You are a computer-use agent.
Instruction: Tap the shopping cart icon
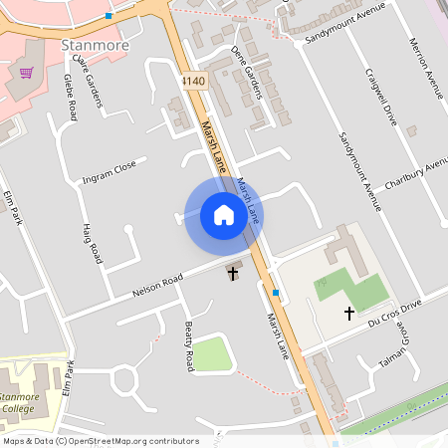tap(26, 72)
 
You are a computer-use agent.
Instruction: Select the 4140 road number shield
tap(193, 80)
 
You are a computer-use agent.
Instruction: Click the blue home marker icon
tap(224, 215)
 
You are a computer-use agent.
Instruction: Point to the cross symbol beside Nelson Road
tap(234, 272)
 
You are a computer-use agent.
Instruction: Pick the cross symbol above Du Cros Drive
tap(349, 313)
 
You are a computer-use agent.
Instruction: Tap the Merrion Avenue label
tap(424, 68)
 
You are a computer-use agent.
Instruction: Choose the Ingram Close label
tap(110, 172)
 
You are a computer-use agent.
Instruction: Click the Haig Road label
tap(91, 243)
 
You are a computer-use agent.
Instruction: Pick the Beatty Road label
tap(187, 345)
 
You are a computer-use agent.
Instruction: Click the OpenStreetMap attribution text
tap(101, 441)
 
